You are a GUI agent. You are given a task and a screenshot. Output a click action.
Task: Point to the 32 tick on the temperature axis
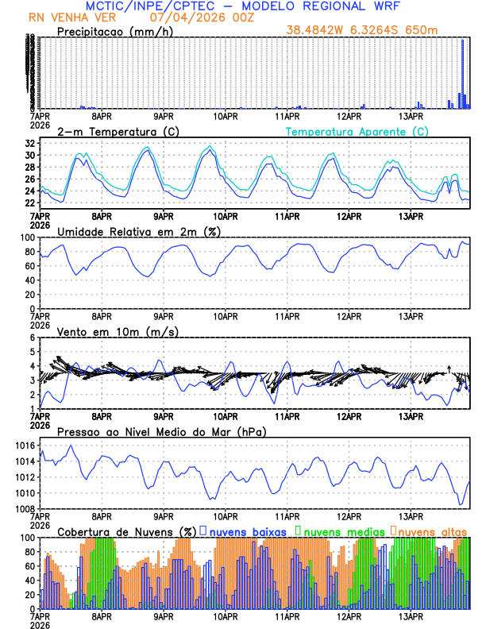coord(29,144)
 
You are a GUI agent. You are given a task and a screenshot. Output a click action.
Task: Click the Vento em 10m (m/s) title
coord(118,331)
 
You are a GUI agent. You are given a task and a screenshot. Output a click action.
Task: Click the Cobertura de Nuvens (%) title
coord(127,531)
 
